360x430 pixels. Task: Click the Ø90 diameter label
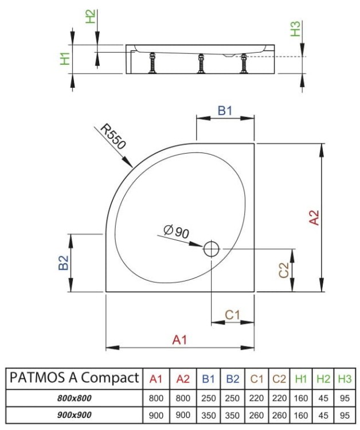click(176, 232)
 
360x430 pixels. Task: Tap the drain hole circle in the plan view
click(212, 249)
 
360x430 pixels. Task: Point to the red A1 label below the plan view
click(180, 340)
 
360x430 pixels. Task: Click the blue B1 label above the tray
click(225, 111)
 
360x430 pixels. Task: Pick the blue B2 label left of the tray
click(64, 263)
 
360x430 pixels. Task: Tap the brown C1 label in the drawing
click(232, 315)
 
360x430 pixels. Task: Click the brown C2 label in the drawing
click(283, 270)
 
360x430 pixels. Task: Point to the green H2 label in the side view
click(90, 17)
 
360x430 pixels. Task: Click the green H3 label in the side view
click(295, 29)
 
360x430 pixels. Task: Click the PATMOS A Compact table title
click(74, 378)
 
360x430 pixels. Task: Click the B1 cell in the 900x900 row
click(208, 416)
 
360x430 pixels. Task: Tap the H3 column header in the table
click(344, 378)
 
